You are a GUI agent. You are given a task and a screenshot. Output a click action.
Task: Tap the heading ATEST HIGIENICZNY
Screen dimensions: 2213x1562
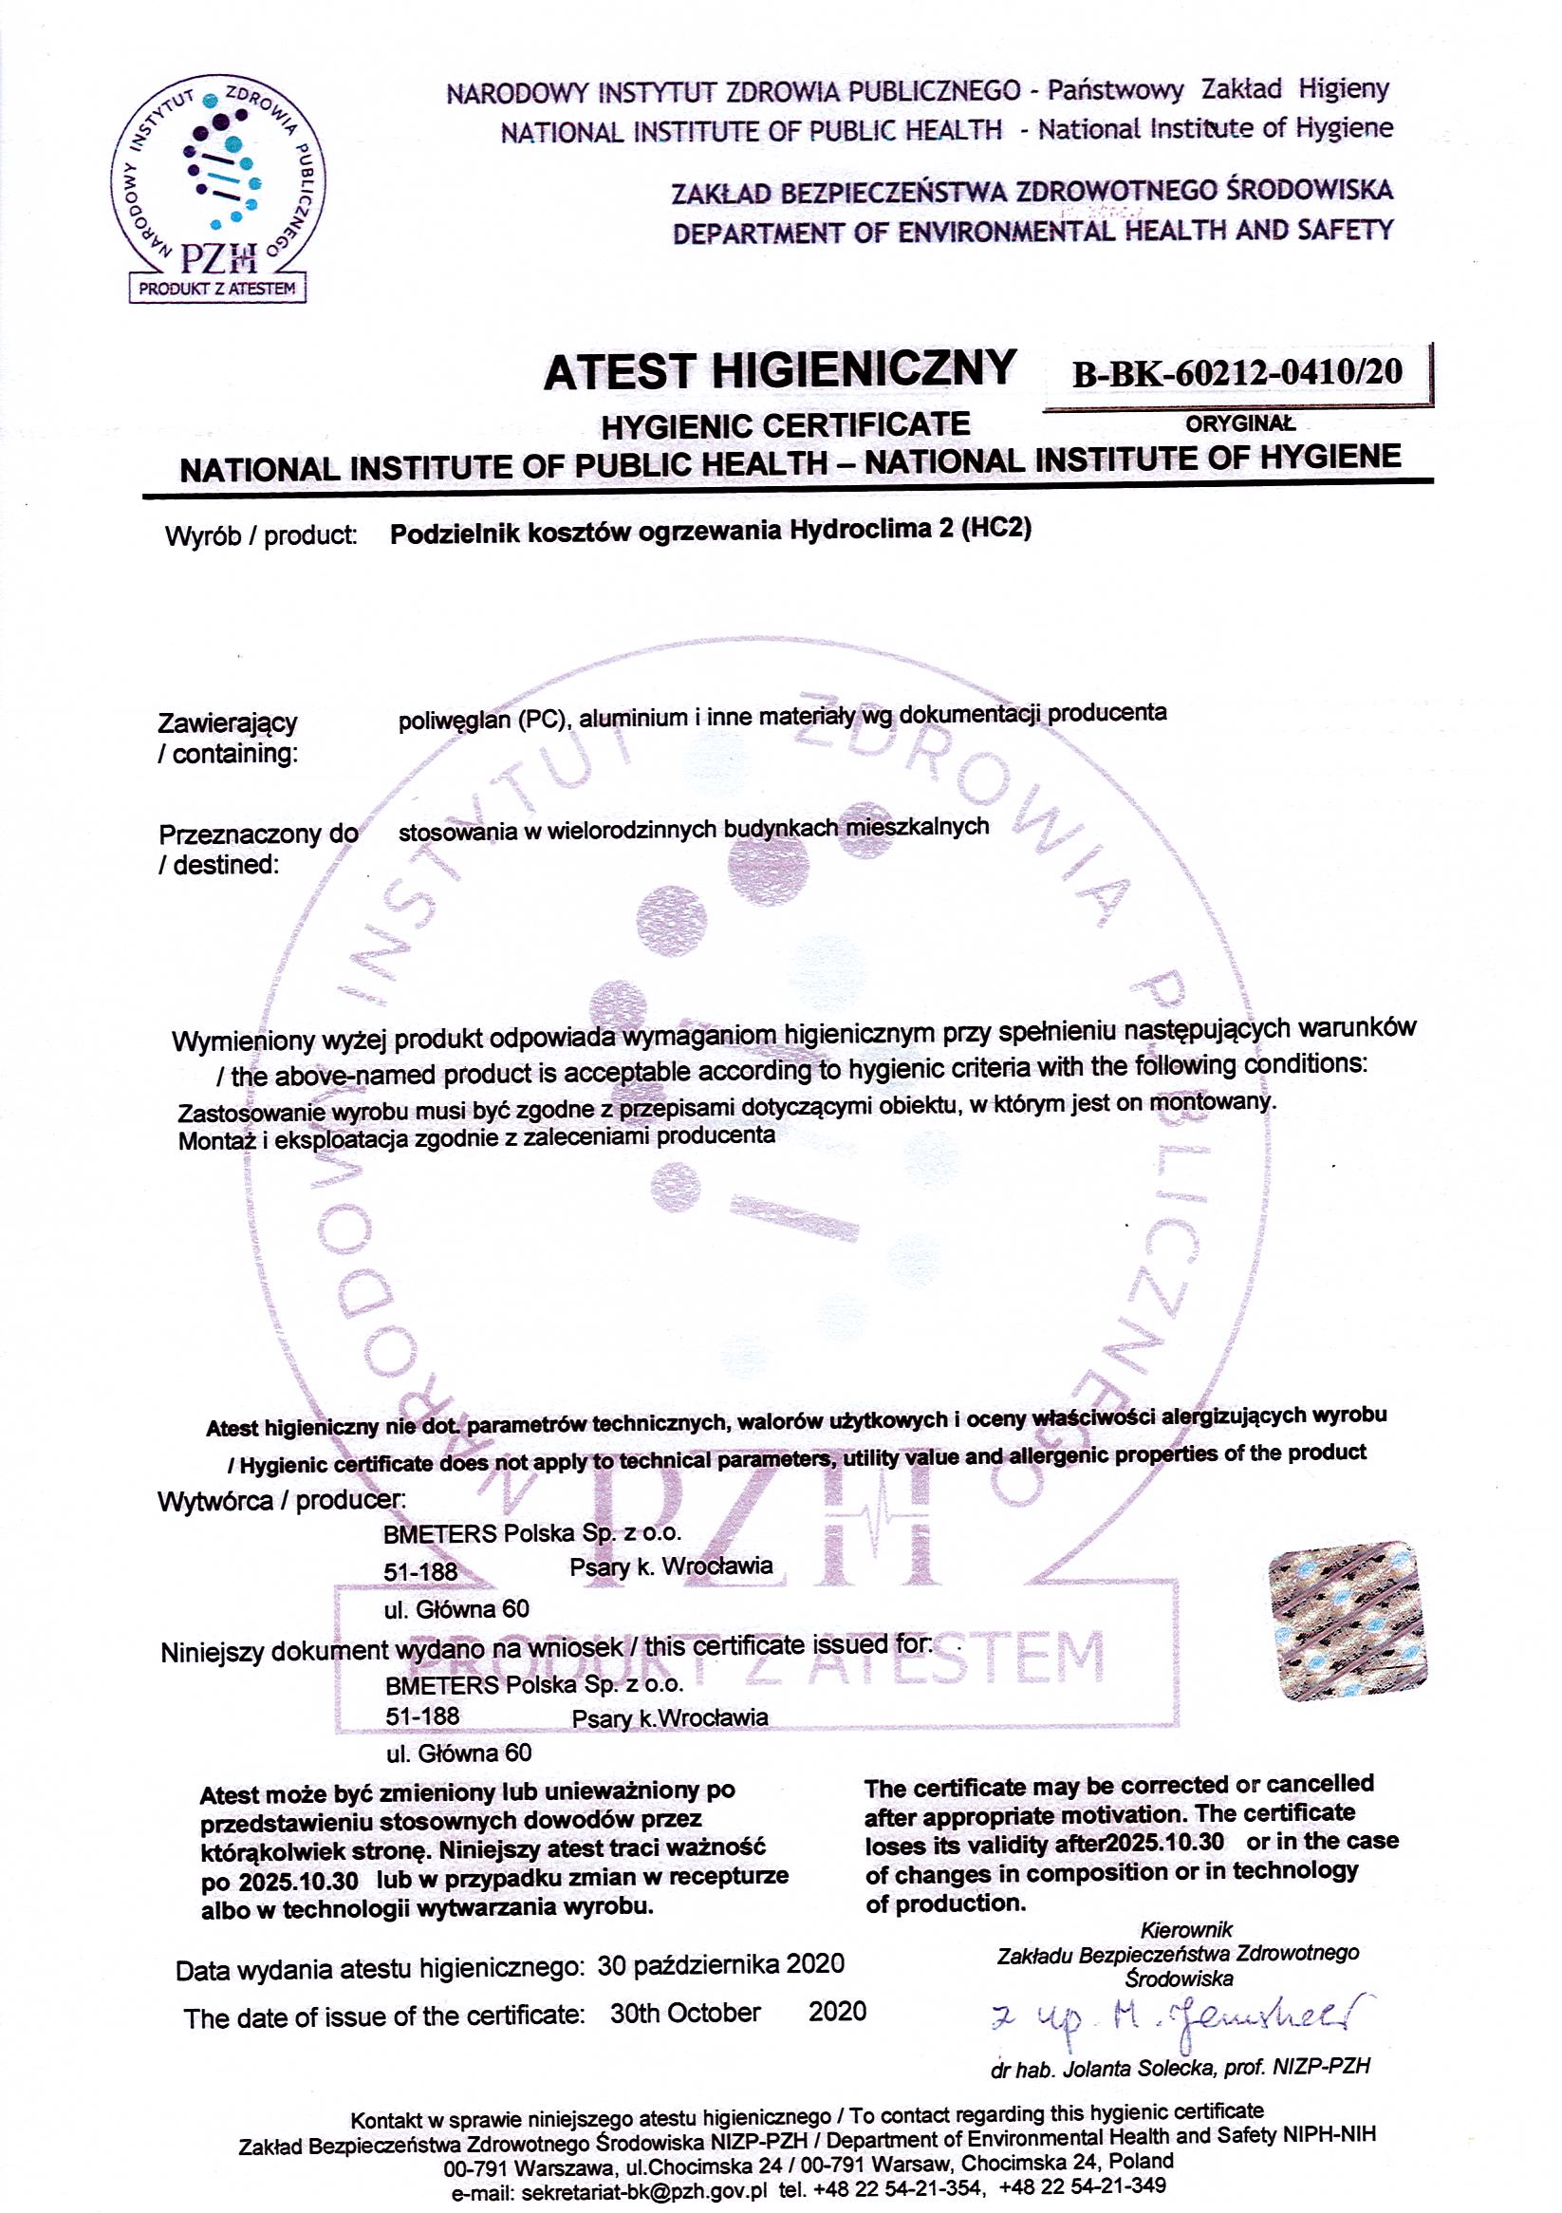[779, 371]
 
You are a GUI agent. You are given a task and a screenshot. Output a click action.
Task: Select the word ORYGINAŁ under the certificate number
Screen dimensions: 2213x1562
[1240, 423]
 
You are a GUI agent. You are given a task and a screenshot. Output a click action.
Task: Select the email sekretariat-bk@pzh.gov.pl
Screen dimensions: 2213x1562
[644, 2192]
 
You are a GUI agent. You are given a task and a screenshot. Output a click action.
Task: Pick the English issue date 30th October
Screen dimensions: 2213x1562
[685, 2013]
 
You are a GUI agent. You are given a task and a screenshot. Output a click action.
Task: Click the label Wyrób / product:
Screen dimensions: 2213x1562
[261, 535]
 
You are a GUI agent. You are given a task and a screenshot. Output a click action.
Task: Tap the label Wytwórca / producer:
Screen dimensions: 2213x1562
[282, 1501]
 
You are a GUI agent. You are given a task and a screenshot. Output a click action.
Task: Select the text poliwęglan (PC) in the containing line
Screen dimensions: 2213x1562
[482, 720]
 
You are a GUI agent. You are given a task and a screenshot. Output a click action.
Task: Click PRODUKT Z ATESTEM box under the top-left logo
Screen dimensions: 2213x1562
[217, 289]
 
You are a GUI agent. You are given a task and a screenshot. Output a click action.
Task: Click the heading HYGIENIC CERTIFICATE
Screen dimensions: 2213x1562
[786, 425]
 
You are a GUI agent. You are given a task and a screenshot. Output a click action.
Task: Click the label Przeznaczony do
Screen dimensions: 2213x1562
[258, 834]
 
